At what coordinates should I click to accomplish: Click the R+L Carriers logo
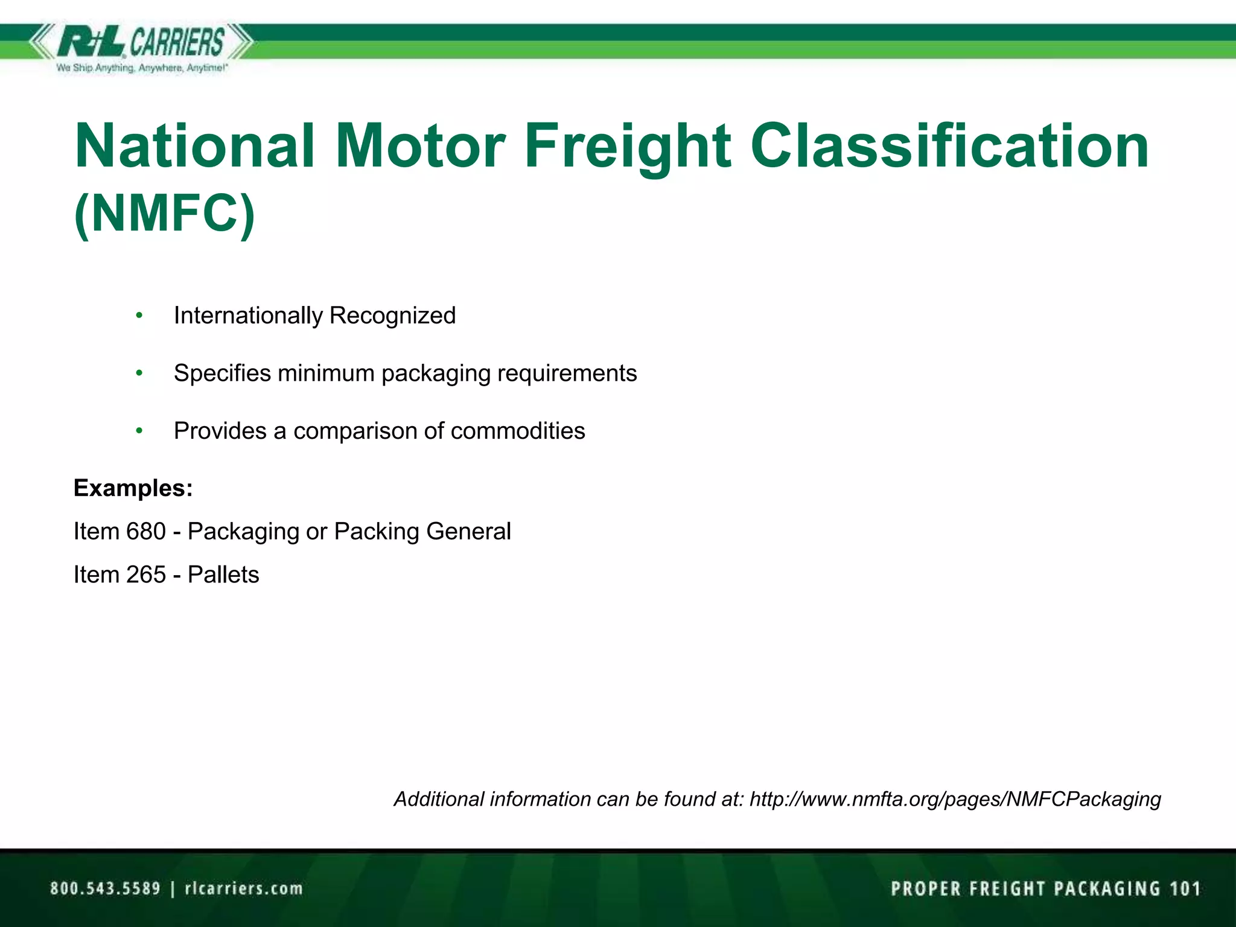[x=140, y=42]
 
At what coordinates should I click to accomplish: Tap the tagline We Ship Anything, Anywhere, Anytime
[x=142, y=68]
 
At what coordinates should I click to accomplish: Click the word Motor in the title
[x=420, y=146]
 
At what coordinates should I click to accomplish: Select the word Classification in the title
[x=949, y=146]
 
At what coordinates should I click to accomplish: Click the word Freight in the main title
[x=628, y=146]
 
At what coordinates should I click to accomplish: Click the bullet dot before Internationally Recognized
[x=139, y=316]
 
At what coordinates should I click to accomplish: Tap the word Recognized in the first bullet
[x=392, y=316]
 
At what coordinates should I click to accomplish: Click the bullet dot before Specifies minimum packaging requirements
[x=139, y=374]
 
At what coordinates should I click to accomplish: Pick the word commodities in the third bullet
[x=518, y=431]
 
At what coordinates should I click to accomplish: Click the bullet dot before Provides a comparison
[x=139, y=431]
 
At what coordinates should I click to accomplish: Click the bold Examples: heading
[x=133, y=488]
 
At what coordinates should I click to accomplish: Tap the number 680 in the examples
[x=145, y=531]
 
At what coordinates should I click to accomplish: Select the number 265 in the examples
[x=145, y=575]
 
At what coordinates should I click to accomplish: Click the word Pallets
[x=223, y=575]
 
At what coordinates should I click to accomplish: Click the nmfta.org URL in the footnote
[x=955, y=799]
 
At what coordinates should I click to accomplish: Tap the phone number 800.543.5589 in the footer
[x=106, y=888]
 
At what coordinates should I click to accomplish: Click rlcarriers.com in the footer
[x=243, y=888]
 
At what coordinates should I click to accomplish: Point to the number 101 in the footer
[x=1185, y=888]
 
